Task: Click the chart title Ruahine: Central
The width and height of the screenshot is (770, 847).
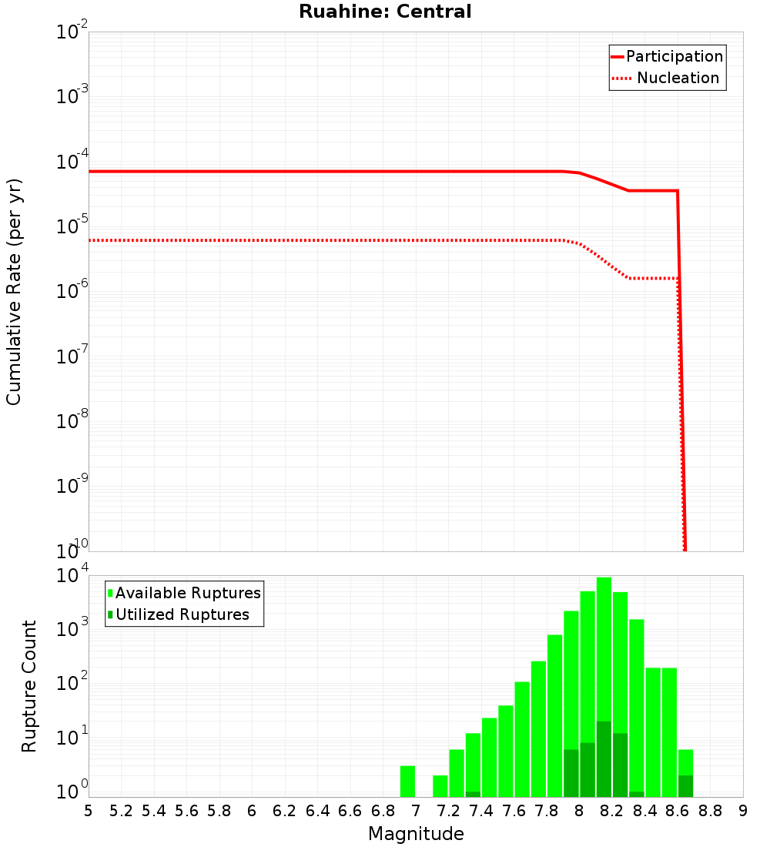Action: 385,12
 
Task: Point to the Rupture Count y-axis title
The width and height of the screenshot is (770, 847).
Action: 29,686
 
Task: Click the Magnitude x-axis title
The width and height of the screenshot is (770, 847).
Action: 416,833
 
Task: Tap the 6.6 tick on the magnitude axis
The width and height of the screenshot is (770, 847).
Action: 350,810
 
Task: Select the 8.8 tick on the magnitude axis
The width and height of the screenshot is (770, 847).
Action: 710,810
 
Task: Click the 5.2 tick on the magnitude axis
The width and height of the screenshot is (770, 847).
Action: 122,810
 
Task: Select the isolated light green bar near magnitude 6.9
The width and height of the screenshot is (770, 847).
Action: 407,782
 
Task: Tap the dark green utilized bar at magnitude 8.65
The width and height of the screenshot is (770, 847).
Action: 685,786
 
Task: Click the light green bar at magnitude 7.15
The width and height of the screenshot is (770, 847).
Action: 440,786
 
